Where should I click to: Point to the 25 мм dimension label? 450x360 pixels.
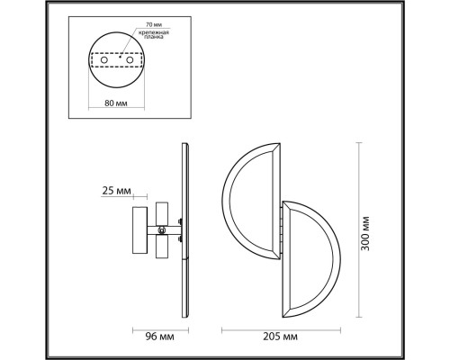click(118, 192)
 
